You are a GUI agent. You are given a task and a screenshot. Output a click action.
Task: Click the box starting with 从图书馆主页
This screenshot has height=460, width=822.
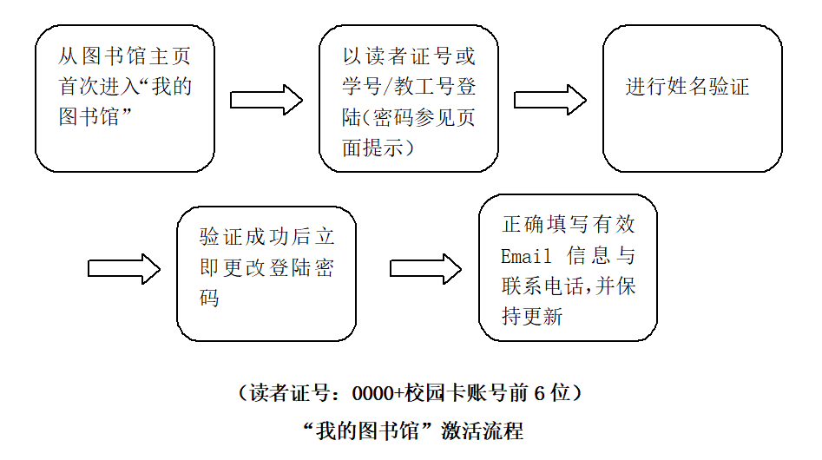point(124,98)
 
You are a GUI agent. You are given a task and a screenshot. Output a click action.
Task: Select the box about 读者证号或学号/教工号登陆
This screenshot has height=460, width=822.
point(408,98)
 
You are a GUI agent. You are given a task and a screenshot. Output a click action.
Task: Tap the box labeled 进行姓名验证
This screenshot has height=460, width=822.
point(692,98)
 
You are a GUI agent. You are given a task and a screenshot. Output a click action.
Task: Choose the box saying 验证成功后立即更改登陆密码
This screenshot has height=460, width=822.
point(266,273)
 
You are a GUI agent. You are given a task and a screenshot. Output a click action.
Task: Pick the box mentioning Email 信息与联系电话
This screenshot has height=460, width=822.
point(568,267)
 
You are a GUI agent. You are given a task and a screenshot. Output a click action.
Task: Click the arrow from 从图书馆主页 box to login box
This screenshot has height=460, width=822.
point(266,100)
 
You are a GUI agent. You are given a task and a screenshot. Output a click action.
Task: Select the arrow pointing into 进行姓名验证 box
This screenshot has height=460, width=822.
point(550,100)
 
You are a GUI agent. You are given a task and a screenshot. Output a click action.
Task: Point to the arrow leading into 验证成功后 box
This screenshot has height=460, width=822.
point(124,269)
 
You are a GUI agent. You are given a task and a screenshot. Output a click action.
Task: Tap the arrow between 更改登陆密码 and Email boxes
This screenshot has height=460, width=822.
point(424,269)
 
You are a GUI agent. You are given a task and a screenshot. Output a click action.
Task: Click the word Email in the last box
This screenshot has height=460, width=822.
point(526,256)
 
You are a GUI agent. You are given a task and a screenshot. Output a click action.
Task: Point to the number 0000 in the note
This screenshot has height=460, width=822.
point(372,393)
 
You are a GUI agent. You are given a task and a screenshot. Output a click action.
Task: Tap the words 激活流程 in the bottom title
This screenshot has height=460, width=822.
point(483,431)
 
